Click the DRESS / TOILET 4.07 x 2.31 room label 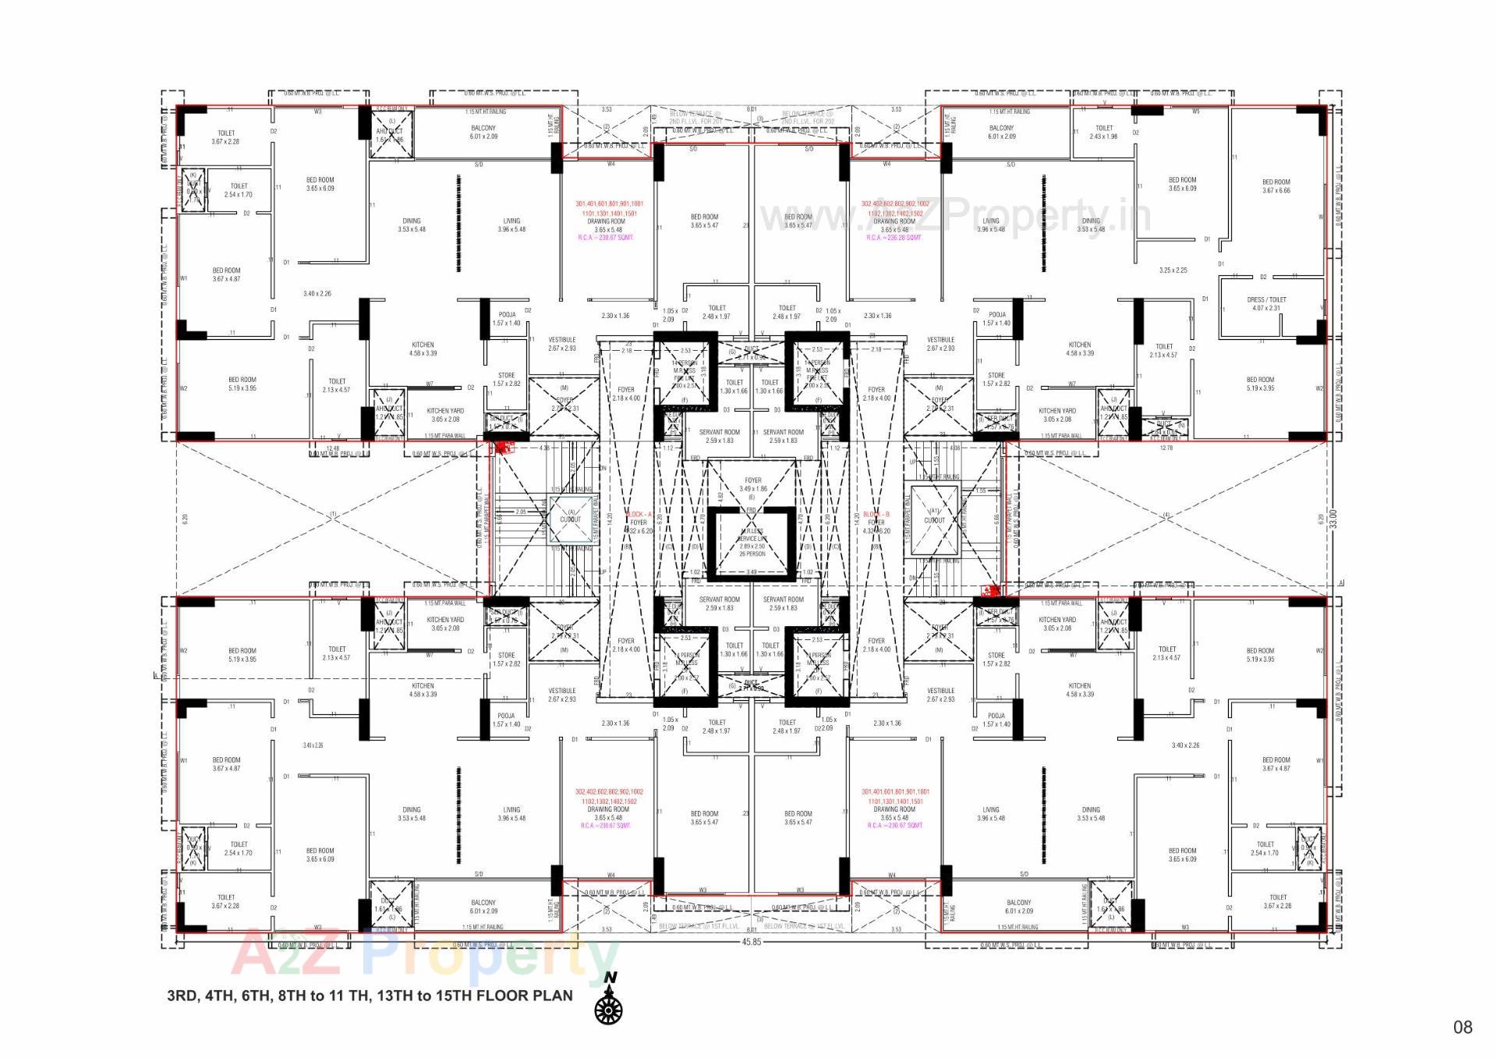tap(1266, 304)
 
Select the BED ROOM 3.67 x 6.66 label tap(1276, 186)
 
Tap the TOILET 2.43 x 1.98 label tap(1104, 132)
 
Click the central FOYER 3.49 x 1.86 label tap(752, 485)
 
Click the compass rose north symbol tap(608, 1009)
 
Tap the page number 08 tap(1462, 1027)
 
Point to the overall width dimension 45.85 tap(751, 942)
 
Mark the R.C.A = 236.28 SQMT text tap(894, 238)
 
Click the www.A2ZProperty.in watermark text tap(955, 216)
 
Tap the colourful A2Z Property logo tap(425, 956)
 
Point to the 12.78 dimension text tap(1166, 448)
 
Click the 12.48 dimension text tap(333, 448)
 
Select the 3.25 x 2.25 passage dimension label tap(1173, 271)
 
